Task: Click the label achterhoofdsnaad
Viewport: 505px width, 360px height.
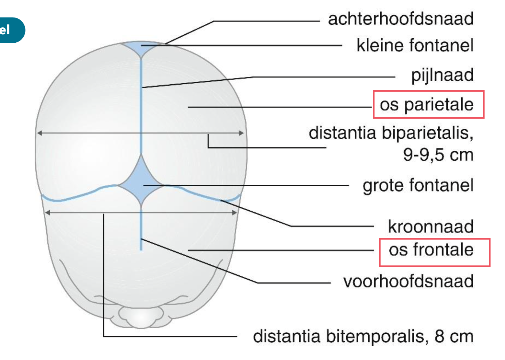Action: tap(400, 19)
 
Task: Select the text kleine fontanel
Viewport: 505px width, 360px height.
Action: tap(415, 46)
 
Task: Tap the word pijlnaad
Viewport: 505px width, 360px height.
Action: tap(442, 75)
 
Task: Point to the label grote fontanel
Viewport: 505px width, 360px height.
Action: tap(418, 185)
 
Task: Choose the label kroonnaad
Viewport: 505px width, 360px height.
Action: tap(431, 226)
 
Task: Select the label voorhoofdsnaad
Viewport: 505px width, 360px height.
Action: tap(408, 282)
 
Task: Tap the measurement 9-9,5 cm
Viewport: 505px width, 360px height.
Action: tap(438, 155)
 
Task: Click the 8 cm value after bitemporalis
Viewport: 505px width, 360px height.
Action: tap(454, 336)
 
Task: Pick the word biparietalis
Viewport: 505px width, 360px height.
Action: tap(427, 133)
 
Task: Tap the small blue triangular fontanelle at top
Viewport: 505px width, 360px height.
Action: tap(141, 48)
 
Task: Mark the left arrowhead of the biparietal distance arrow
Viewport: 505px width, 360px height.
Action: tap(39, 133)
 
